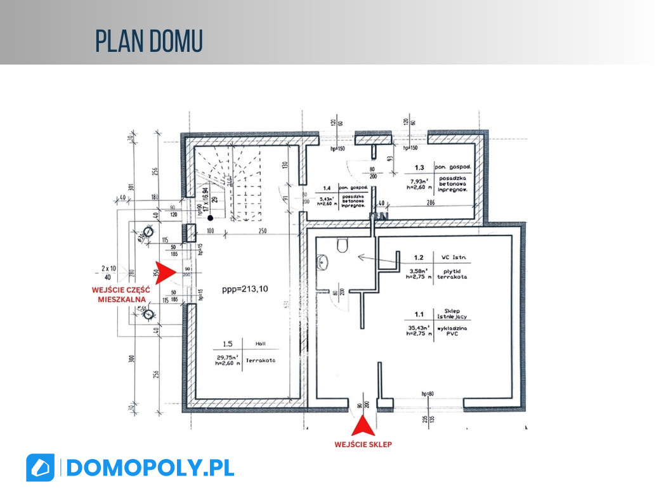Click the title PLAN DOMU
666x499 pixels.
[x=149, y=41]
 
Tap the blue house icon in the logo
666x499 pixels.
[x=40, y=468]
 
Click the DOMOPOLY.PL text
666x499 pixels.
[x=150, y=468]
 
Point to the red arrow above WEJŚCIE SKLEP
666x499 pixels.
[x=362, y=425]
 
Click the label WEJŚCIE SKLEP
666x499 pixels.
[x=363, y=444]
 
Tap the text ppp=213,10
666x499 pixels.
[x=245, y=289]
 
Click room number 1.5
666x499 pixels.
[x=227, y=344]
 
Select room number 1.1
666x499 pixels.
[x=419, y=314]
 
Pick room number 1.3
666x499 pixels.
[x=419, y=168]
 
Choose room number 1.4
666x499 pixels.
[x=327, y=188]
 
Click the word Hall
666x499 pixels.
[x=260, y=344]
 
